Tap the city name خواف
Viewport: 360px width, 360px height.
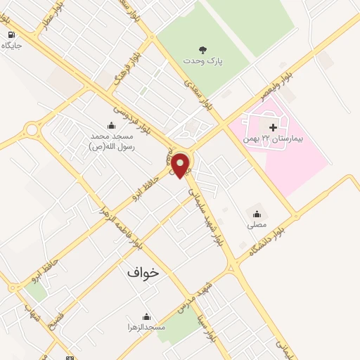pos(143,271)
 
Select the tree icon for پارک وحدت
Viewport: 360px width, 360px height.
pos(203,50)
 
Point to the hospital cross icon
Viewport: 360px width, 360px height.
pos(274,127)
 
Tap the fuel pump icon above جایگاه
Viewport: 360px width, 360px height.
pos(11,34)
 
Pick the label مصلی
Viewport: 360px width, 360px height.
pos(257,225)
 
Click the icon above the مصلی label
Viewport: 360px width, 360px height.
pos(256,214)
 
